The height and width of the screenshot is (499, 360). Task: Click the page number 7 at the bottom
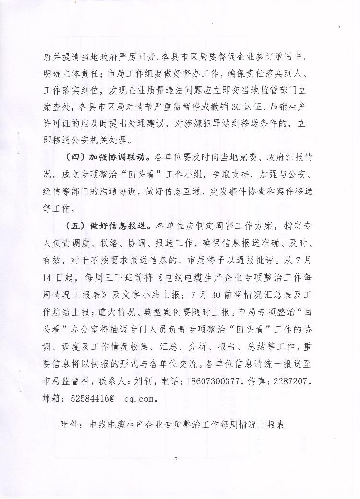[176, 460]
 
